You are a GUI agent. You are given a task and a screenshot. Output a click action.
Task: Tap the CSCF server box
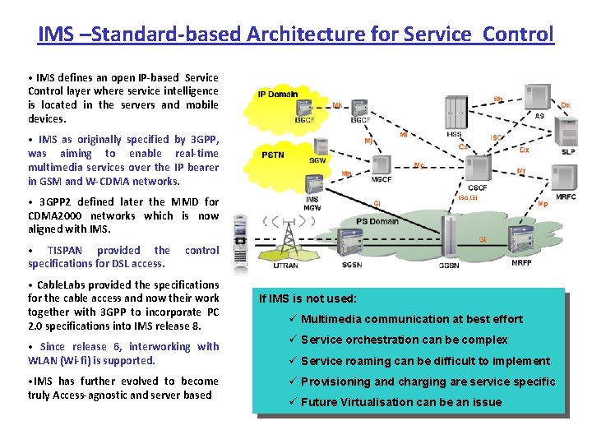pos(478,169)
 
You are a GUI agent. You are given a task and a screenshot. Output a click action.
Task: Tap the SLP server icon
pos(567,136)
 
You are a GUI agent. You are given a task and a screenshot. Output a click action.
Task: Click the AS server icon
pos(539,97)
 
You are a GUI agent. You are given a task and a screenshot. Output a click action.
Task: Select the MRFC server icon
pos(566,181)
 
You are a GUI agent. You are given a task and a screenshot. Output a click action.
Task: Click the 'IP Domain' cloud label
pos(278,94)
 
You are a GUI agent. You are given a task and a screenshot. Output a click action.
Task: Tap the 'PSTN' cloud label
pos(273,154)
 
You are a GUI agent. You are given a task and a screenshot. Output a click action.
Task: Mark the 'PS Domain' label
pos(377,221)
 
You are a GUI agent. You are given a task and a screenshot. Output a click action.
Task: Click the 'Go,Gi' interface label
pos(469,197)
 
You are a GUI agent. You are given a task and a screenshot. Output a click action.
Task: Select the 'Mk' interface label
pos(338,105)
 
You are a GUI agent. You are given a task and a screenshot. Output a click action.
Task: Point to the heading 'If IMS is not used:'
pos(308,299)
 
